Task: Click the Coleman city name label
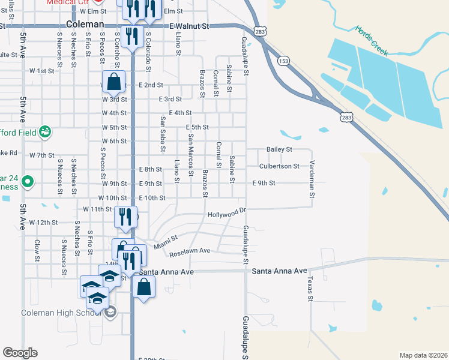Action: (x=85, y=25)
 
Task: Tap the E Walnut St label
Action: (x=189, y=26)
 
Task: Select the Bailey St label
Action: (x=279, y=149)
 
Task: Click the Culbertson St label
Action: (x=279, y=166)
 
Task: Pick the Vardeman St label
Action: (x=312, y=178)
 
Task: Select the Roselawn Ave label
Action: (x=190, y=252)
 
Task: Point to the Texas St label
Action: (x=310, y=288)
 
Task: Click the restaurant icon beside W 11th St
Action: (x=126, y=217)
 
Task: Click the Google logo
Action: (x=20, y=353)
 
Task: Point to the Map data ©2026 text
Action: (x=424, y=355)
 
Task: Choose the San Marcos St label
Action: (x=191, y=154)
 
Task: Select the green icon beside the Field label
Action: (x=44, y=131)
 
